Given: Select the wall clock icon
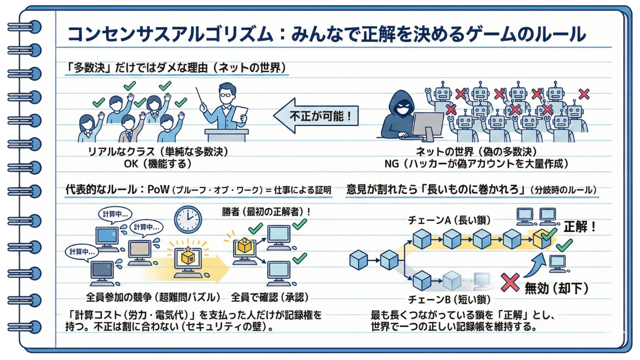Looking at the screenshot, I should pyautogui.click(x=187, y=219).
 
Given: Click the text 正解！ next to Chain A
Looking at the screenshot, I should pyautogui.click(x=579, y=227).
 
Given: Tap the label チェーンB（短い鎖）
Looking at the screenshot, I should pyautogui.click(x=448, y=299).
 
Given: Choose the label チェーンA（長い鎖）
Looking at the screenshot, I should pyautogui.click(x=449, y=219).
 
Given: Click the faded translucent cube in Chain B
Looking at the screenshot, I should pyautogui.click(x=451, y=279).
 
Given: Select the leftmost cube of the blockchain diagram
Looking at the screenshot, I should pyautogui.click(x=358, y=261).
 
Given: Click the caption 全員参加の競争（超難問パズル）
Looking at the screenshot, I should pyautogui.click(x=153, y=297).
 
